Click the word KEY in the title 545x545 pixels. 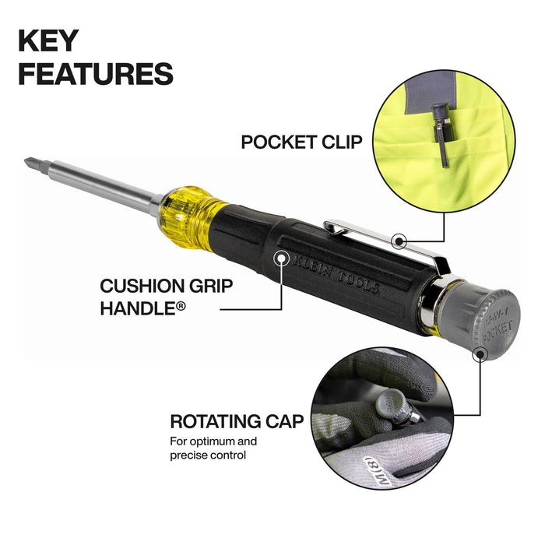47,40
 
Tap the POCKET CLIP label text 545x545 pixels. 301,142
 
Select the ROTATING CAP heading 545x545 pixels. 237,422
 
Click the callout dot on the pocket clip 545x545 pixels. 399,241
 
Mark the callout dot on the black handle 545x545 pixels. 280,257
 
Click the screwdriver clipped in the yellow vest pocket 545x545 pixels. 441,132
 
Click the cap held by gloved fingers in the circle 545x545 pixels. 389,404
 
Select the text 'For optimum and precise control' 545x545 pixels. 213,448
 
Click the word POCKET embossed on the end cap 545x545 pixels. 498,331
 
